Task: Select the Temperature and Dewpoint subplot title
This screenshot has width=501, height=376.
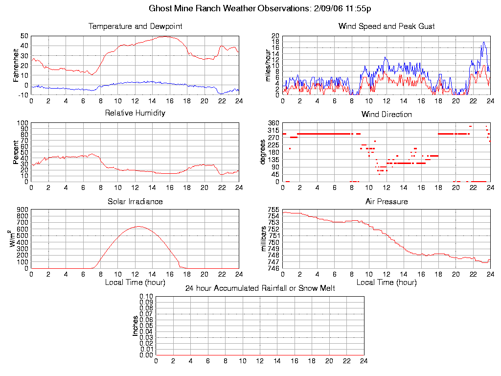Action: point(135,26)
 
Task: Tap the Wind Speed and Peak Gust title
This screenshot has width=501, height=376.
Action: point(387,26)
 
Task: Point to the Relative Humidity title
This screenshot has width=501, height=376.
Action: point(135,113)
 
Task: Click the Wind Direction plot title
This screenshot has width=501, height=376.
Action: point(387,115)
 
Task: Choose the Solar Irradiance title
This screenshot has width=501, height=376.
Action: point(135,201)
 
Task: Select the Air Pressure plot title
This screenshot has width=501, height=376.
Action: point(387,201)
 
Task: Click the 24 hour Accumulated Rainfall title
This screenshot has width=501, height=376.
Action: point(260,288)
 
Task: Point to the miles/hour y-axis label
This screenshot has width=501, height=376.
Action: point(268,65)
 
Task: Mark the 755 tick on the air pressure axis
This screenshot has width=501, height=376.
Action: point(273,210)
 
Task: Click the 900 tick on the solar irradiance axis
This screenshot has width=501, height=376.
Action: point(22,210)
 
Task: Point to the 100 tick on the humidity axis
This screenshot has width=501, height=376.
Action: point(22,123)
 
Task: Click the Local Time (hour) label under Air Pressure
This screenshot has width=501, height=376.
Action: point(387,282)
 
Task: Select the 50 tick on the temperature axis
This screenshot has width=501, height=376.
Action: point(24,36)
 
